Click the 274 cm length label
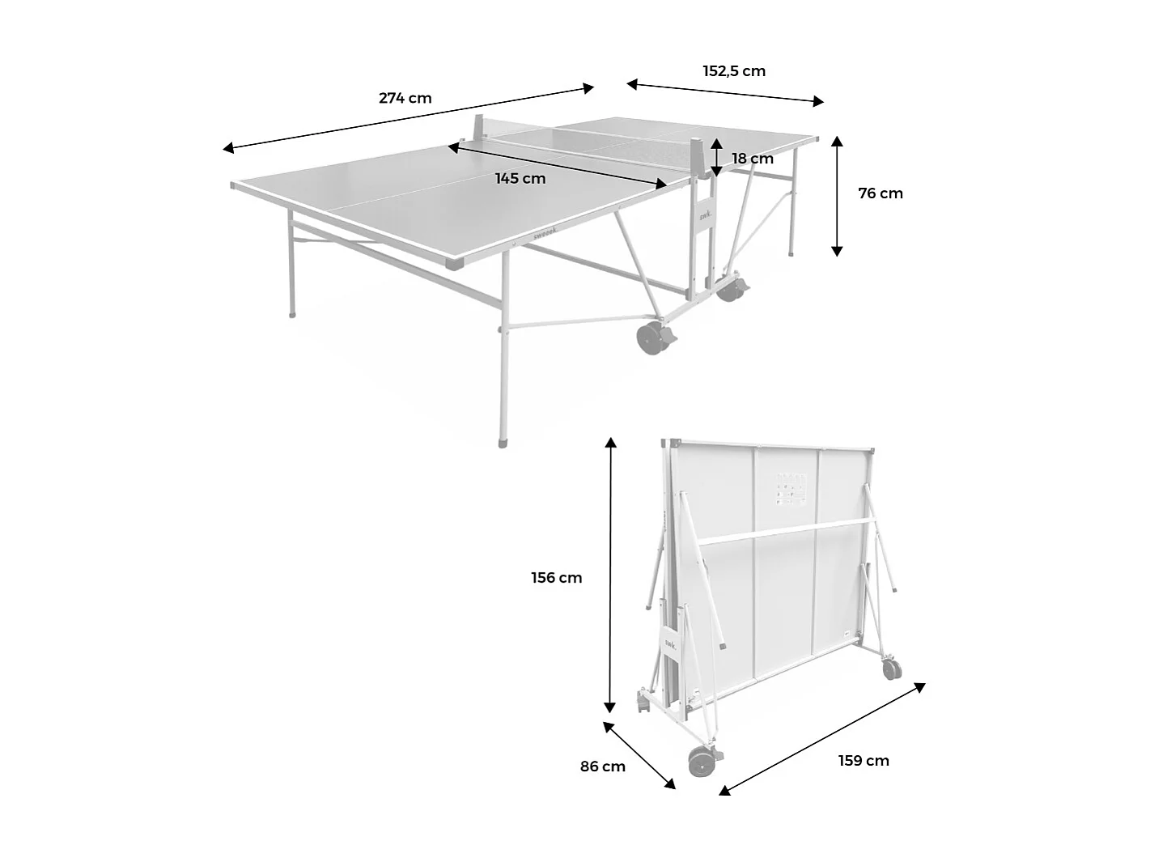(x=405, y=99)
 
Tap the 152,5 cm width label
(x=734, y=71)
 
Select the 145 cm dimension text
(x=520, y=179)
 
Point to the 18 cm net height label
(x=753, y=159)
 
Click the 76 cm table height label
(x=881, y=193)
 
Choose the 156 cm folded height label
(x=557, y=578)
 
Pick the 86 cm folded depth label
(x=603, y=766)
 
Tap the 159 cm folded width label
(x=864, y=761)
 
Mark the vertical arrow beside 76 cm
(x=838, y=196)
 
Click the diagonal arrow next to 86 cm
(x=639, y=754)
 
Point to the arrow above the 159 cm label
(x=822, y=738)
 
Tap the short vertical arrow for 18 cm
(x=717, y=158)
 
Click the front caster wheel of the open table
(x=651, y=338)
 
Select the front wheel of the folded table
(x=701, y=762)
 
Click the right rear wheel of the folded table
(x=892, y=669)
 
